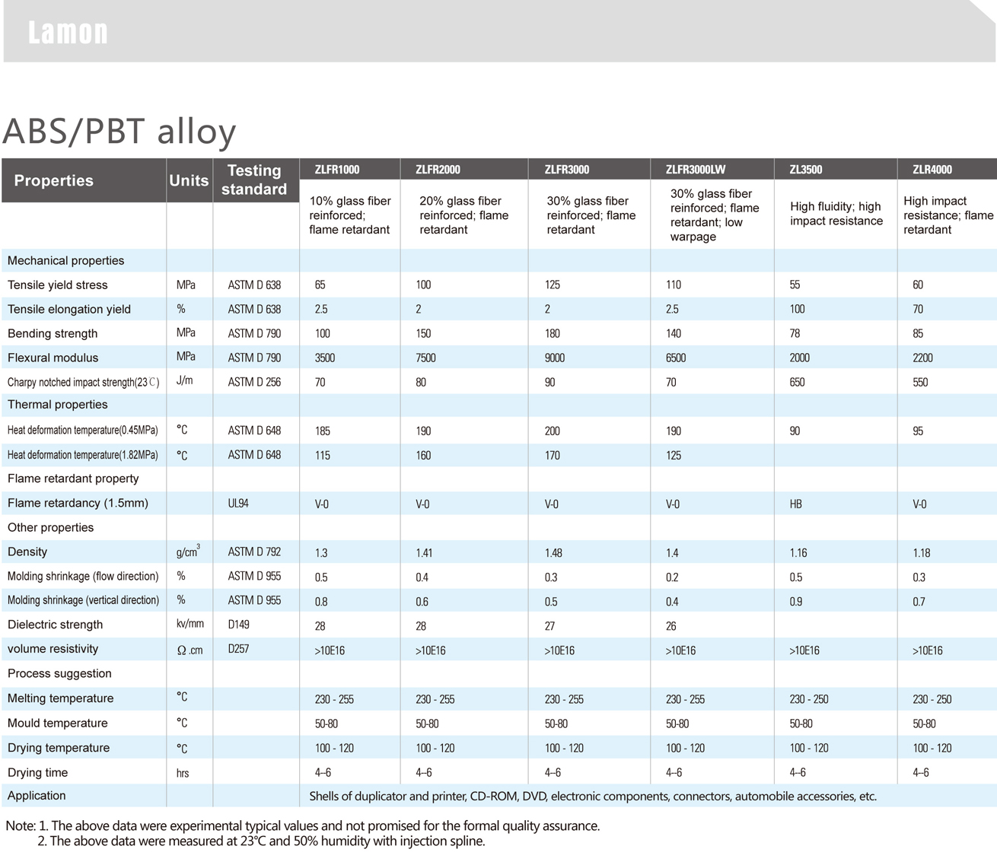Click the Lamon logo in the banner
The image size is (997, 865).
[x=68, y=33]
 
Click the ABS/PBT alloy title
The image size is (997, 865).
[x=119, y=131]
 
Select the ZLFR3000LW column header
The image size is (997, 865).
[x=695, y=170]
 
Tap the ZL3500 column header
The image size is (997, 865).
[x=805, y=170]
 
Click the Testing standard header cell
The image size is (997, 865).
[x=254, y=180]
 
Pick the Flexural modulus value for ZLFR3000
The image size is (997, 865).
[x=555, y=358]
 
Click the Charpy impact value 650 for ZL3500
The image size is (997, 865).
[x=797, y=383]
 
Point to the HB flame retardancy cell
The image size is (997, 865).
[x=795, y=504]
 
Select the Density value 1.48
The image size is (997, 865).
[x=553, y=553]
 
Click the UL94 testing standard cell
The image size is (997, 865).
[x=238, y=504]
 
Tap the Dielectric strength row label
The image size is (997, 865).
[x=55, y=625]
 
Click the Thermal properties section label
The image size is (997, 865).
[x=57, y=405]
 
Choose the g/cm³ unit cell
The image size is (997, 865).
[x=187, y=552]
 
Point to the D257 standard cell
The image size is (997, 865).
[x=238, y=650]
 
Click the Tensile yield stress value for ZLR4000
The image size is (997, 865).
[x=918, y=285]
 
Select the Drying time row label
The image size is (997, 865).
[x=37, y=773]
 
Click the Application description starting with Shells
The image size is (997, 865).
[x=592, y=797]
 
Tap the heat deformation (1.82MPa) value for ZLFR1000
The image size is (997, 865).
[x=323, y=456]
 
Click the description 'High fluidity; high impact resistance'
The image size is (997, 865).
[x=836, y=214]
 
